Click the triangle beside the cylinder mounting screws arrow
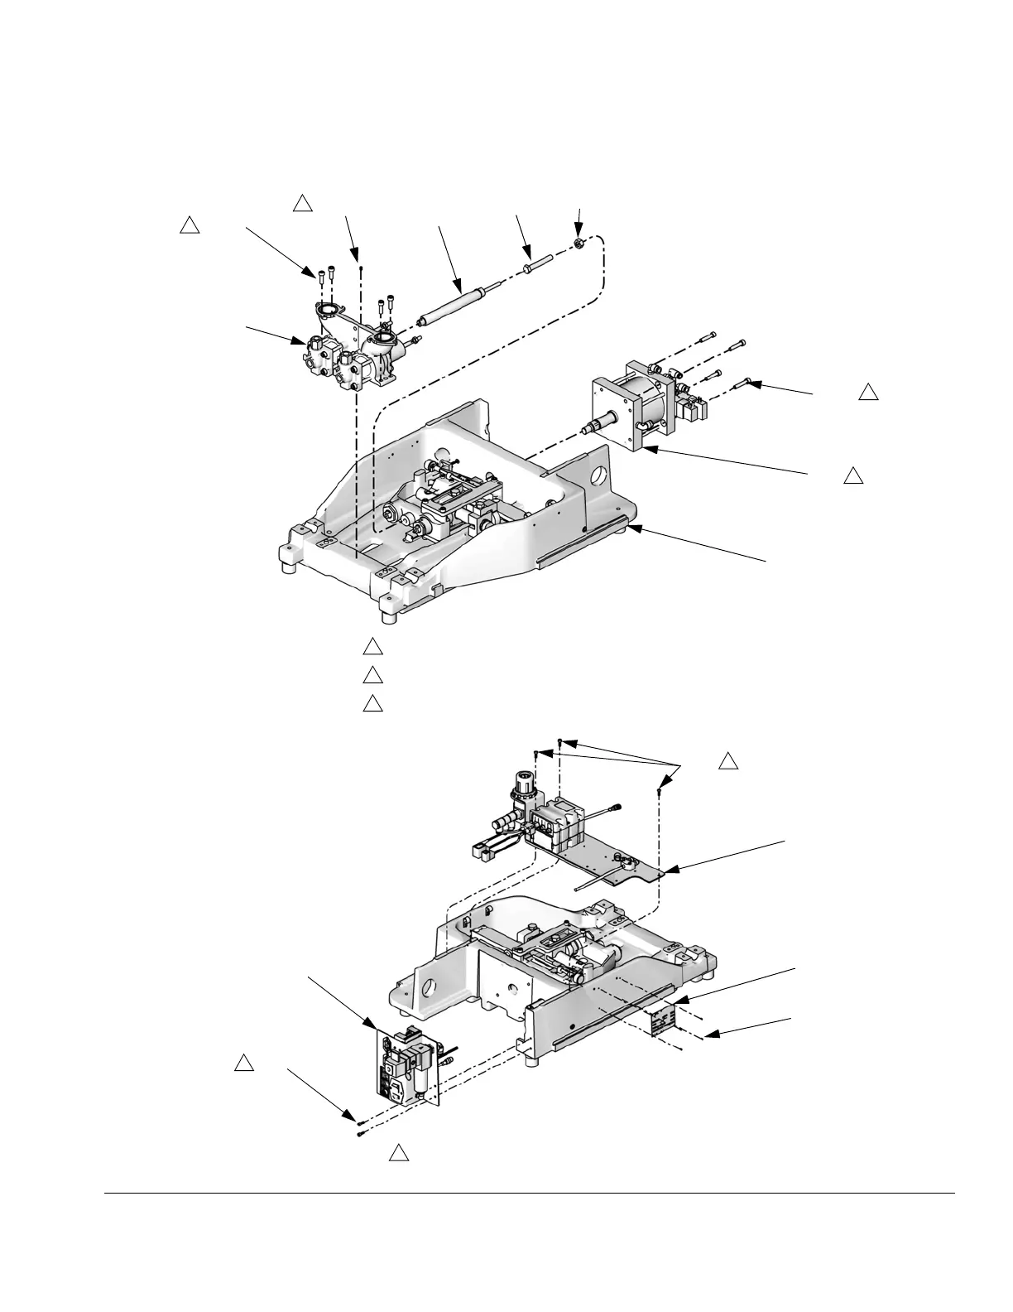[x=867, y=393]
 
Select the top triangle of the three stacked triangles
[x=372, y=646]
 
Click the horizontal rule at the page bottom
[x=530, y=1194]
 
